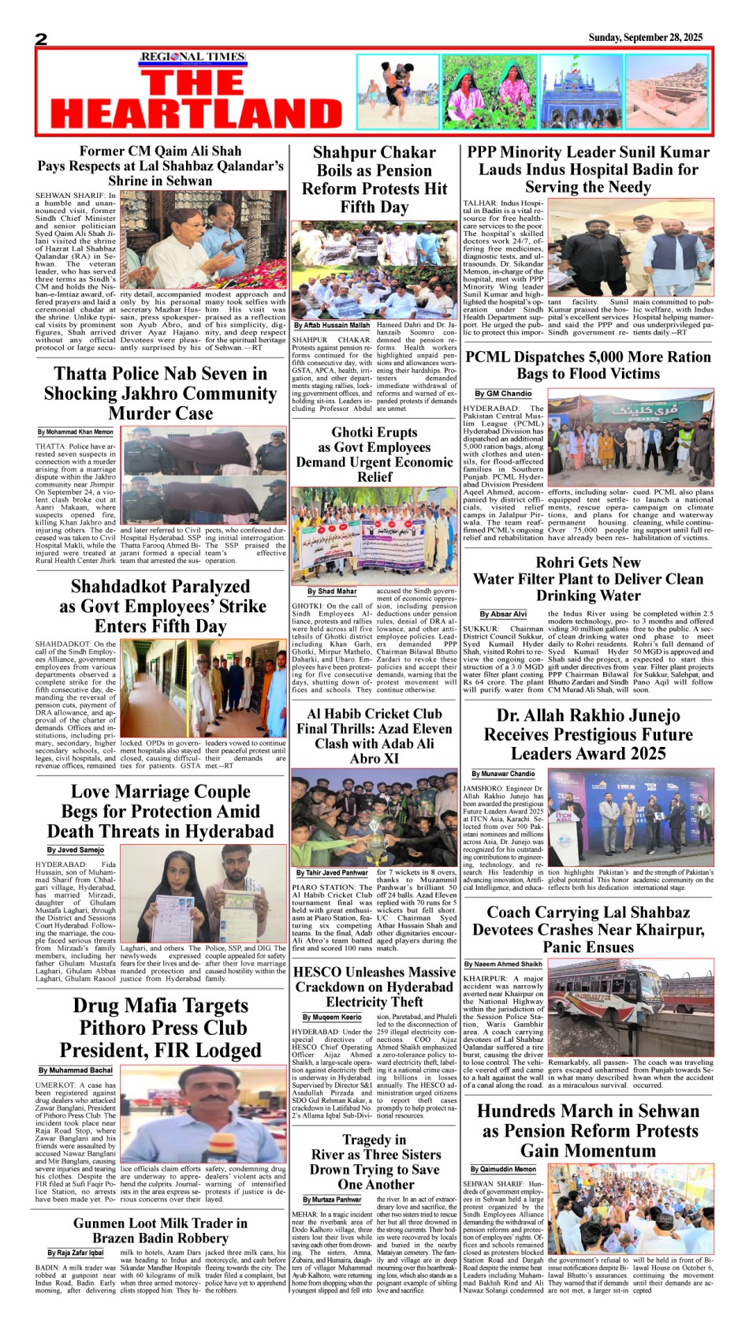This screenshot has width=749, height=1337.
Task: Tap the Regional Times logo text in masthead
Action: pyautogui.click(x=192, y=57)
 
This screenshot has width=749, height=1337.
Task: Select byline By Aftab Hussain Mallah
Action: pyautogui.click(x=332, y=325)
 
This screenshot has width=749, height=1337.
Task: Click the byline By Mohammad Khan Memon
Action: pyautogui.click(x=76, y=432)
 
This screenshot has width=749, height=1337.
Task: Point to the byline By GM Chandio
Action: pyautogui.click(x=503, y=394)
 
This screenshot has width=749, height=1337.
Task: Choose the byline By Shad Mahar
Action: pyautogui.click(x=332, y=591)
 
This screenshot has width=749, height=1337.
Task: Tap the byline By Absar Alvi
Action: pyautogui.click(x=503, y=614)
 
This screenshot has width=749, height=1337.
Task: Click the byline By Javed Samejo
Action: pyautogui.click(x=75, y=850)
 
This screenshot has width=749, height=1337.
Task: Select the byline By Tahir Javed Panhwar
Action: pyautogui.click(x=332, y=873)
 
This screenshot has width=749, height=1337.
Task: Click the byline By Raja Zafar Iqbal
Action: pyautogui.click(x=75, y=1253)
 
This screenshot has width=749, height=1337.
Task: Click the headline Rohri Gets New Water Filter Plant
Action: pyautogui.click(x=587, y=579)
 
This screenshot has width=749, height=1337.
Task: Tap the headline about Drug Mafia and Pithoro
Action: pyautogui.click(x=160, y=1028)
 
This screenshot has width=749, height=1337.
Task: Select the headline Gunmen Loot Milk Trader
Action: pyautogui.click(x=160, y=1231)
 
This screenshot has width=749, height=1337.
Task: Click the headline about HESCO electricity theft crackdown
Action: pyautogui.click(x=374, y=987)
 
